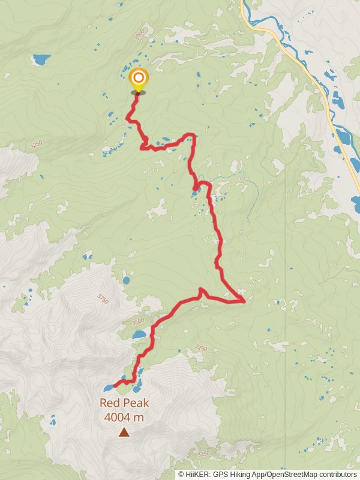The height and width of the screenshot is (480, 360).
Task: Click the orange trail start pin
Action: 139,79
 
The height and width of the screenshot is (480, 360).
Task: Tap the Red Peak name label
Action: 124,404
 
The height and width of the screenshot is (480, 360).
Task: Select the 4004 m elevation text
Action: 124,417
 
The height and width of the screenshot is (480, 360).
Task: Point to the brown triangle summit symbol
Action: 124,432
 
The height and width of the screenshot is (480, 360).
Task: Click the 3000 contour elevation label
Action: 139,34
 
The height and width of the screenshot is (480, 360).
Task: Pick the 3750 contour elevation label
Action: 103,298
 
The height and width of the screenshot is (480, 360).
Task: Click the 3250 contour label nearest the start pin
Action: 36,145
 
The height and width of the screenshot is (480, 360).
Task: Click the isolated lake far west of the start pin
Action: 41,59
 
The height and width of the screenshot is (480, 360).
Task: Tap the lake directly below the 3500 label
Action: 139,334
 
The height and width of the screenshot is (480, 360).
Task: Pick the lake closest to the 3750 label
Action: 126,280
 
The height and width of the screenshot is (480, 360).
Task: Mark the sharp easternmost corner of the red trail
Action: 244,300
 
